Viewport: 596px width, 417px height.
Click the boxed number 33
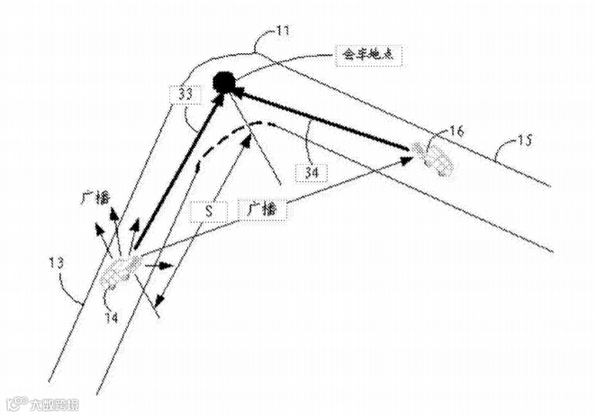pos(185,92)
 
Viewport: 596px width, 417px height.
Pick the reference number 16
pos(456,131)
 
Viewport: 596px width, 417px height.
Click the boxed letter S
pos(209,212)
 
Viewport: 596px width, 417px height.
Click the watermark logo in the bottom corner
pos(45,404)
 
